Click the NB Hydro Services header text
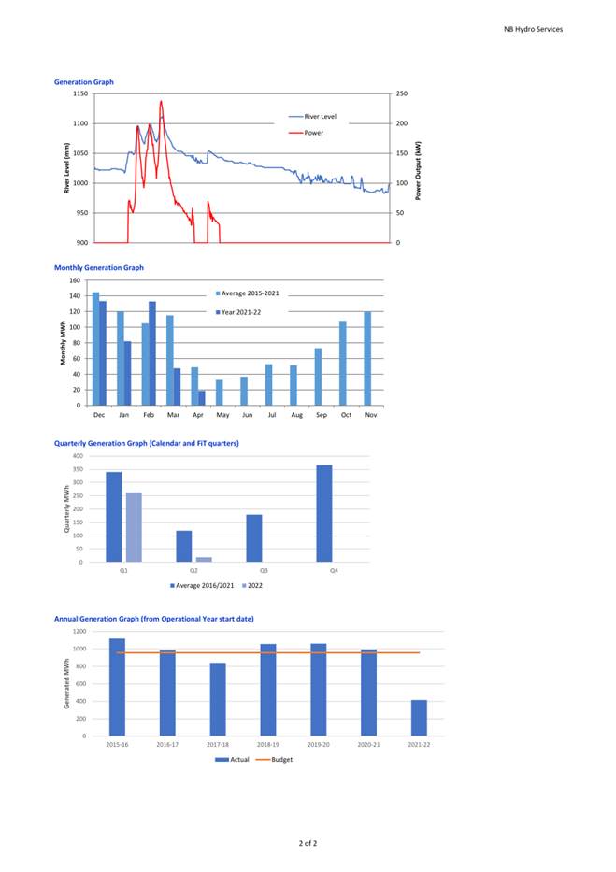[x=533, y=29]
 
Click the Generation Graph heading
[x=84, y=81]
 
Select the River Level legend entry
[x=312, y=116]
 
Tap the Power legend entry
[x=307, y=133]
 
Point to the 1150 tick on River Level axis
[x=80, y=93]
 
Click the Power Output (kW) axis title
[x=418, y=171]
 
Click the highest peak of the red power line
[x=161, y=101]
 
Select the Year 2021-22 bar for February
[x=152, y=353]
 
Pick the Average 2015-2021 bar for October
[x=343, y=364]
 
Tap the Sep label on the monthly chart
[x=322, y=415]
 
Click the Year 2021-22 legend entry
[x=238, y=312]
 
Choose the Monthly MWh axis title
[x=63, y=343]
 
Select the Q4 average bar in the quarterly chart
[x=324, y=513]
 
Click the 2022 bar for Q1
[x=134, y=527]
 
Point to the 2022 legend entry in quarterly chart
[x=252, y=585]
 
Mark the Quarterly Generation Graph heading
[x=146, y=443]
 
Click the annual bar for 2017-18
[x=218, y=699]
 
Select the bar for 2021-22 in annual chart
[x=419, y=718]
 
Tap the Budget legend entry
[x=274, y=759]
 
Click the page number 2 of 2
[x=308, y=843]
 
